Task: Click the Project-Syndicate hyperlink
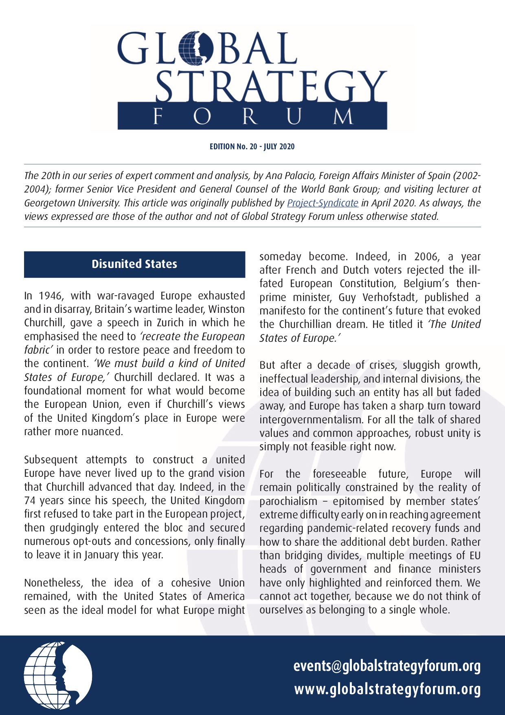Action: [323, 203]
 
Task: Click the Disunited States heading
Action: [134, 264]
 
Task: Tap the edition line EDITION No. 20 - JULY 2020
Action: [252, 146]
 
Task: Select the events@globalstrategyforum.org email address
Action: [387, 666]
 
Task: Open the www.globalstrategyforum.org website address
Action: [387, 689]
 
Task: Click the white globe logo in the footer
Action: [58, 675]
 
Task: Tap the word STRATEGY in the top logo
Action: [271, 86]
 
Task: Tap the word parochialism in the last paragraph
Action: [288, 501]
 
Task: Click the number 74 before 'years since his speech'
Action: [30, 500]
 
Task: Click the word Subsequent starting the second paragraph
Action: [50, 460]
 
